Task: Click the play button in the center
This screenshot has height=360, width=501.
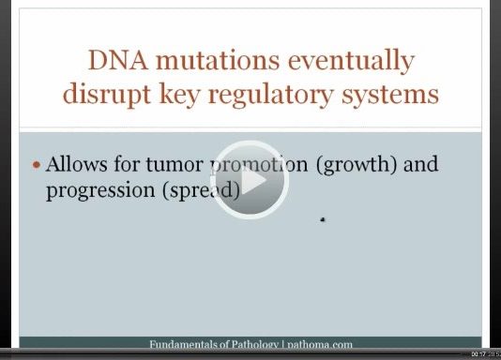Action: pos(249,177)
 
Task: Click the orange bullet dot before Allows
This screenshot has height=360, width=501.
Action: pos(37,165)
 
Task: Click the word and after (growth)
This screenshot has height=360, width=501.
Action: pos(421,165)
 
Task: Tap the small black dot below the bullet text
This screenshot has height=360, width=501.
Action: pos(322,220)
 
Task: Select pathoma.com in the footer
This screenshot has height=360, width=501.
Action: pos(317,345)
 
